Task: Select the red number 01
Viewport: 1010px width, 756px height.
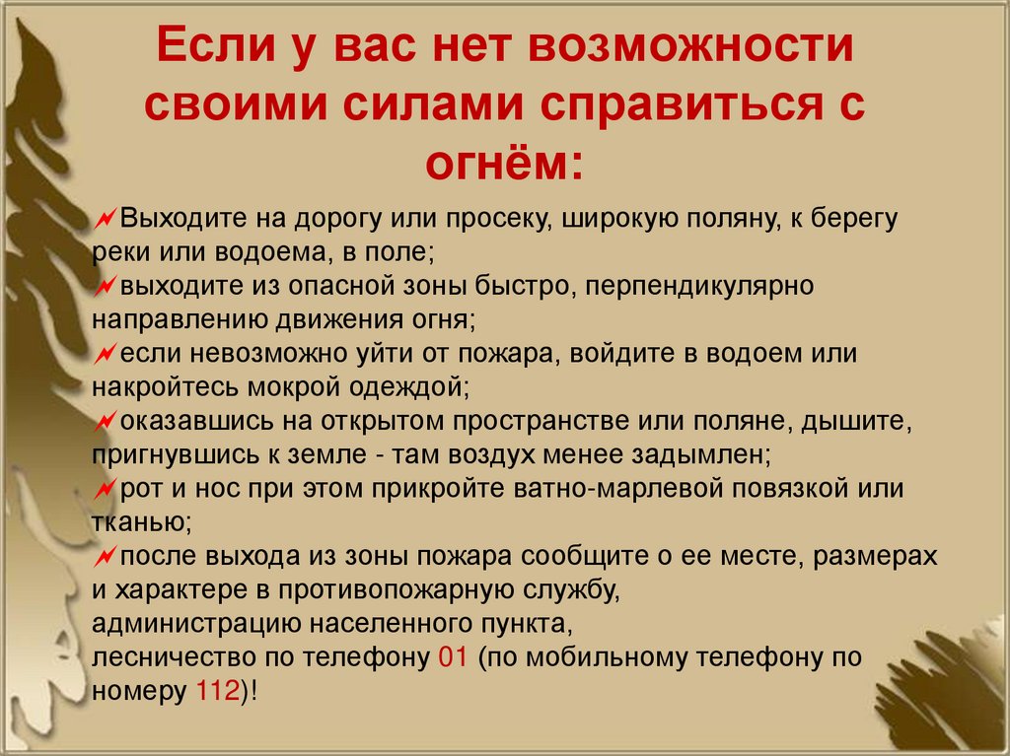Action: point(451,657)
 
